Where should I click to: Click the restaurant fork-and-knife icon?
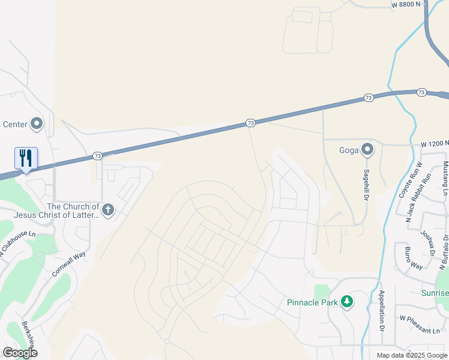26,158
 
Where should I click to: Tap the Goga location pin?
367,149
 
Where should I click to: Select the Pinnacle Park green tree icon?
346,302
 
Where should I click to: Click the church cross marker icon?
108,209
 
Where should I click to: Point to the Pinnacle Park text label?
312,302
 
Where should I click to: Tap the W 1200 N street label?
434,145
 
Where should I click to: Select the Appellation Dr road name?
381,310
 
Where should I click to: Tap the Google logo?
20,353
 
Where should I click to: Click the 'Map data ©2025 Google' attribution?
412,355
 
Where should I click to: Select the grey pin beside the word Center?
37,124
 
